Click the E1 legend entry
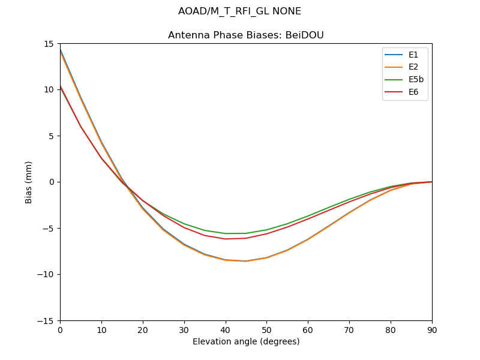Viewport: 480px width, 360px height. pos(413,55)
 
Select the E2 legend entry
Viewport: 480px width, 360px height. pos(413,67)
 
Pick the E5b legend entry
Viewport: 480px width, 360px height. pos(416,79)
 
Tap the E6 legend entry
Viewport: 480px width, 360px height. pos(413,92)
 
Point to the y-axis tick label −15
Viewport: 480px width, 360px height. pos(47,320)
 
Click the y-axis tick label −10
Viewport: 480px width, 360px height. pos(47,274)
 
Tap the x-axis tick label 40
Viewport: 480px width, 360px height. pos(225,330)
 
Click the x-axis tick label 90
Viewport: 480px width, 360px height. pos(432,330)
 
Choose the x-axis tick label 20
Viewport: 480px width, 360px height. pos(143,330)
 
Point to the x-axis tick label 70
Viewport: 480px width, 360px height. pos(349,330)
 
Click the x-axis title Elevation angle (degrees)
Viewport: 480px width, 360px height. pos(246,342)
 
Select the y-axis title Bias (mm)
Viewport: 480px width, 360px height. pos(29,182)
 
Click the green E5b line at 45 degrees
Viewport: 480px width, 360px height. pos(246,233)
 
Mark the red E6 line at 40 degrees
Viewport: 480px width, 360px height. pos(225,239)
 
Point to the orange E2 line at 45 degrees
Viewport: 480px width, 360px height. pos(246,262)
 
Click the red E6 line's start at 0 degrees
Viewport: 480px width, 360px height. pos(61,86)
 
